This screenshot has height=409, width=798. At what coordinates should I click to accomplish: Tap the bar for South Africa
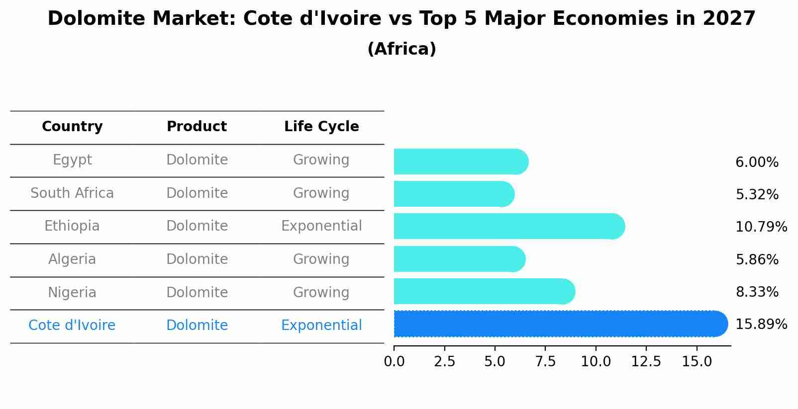pyautogui.click(x=453, y=194)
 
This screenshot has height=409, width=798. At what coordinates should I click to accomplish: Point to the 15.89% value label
pyautogui.click(x=761, y=325)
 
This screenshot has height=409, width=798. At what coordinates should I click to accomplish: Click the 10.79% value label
pyautogui.click(x=761, y=227)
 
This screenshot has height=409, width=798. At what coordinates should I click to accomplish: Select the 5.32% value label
pyautogui.click(x=757, y=195)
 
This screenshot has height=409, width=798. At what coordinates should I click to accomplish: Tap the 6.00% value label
pyautogui.click(x=757, y=163)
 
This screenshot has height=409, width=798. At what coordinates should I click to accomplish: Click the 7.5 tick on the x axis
pyautogui.click(x=545, y=362)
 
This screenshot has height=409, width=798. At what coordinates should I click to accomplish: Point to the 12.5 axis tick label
pyautogui.click(x=646, y=362)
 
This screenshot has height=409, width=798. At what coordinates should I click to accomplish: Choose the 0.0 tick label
pyautogui.click(x=394, y=362)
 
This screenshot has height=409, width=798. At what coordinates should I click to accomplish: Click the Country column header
pyautogui.click(x=72, y=127)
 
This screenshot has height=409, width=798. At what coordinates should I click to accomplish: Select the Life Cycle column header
pyautogui.click(x=321, y=127)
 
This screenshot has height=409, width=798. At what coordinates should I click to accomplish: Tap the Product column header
pyautogui.click(x=197, y=127)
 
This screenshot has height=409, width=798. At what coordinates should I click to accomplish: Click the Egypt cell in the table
pyautogui.click(x=72, y=160)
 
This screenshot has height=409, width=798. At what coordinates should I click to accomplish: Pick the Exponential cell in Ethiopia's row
pyautogui.click(x=321, y=226)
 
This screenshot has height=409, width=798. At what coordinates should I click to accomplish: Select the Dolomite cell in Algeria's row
pyautogui.click(x=197, y=259)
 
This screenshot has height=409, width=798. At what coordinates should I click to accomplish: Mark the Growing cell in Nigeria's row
pyautogui.click(x=321, y=292)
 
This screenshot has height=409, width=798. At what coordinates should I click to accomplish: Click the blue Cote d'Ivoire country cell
pyautogui.click(x=72, y=326)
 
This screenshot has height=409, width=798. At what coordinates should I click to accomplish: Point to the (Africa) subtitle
pyautogui.click(x=401, y=49)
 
